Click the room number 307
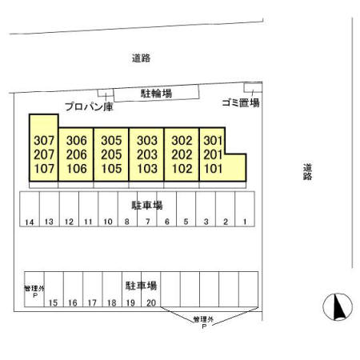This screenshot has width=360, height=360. [44, 140]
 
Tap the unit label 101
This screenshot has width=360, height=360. [213, 169]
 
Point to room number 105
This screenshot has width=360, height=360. [111, 169]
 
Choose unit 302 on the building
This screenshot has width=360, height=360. [182, 140]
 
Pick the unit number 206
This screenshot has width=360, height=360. [77, 154]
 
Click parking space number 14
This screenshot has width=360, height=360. [30, 222]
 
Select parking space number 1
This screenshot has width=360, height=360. [245, 222]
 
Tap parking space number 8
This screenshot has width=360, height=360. [127, 222]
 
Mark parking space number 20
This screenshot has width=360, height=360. [151, 302]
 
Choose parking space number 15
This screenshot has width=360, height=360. [53, 303]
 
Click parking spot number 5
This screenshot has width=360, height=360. [186, 222]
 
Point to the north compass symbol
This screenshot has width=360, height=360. [338, 307]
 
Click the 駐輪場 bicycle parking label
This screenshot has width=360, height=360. [156, 94]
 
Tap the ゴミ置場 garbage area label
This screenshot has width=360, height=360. [241, 102]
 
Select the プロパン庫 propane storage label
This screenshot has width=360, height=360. [90, 106]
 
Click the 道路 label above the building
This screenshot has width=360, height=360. [141, 58]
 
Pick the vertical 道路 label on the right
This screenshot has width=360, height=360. [307, 172]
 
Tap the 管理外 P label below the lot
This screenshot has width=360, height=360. [203, 322]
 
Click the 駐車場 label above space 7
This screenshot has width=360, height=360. [147, 206]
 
